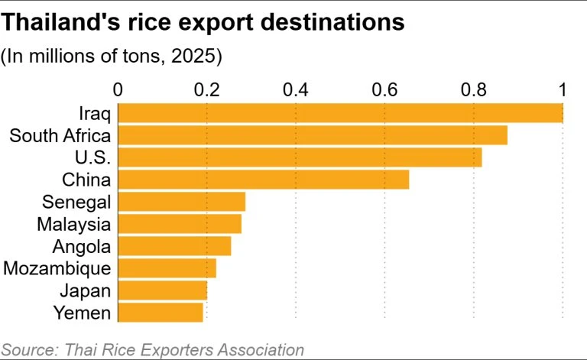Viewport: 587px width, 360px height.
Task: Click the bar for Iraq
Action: (x=341, y=113)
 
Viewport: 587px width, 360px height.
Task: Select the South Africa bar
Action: (x=313, y=135)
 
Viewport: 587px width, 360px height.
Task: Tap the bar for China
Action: (x=264, y=180)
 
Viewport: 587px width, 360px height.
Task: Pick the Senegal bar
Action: (x=182, y=202)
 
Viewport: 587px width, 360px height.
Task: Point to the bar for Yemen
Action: (x=161, y=313)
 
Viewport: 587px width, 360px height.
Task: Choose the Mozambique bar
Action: (x=167, y=268)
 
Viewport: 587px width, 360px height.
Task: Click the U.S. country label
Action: (x=92, y=157)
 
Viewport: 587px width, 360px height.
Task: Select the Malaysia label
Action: (x=73, y=225)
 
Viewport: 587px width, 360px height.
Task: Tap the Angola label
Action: (x=82, y=247)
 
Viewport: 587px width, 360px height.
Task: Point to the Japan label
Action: (x=86, y=291)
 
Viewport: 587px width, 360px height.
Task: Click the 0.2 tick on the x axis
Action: (x=206, y=90)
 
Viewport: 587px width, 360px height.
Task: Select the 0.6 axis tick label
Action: (x=384, y=90)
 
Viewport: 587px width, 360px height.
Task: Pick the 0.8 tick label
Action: (x=474, y=90)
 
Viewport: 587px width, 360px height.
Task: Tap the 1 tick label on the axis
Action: (x=563, y=90)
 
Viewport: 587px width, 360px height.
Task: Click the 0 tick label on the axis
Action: (x=118, y=90)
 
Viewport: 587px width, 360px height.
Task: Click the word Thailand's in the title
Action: (x=61, y=22)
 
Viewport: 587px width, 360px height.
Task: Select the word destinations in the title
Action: (x=332, y=22)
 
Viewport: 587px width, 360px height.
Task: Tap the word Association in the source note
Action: (x=261, y=350)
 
